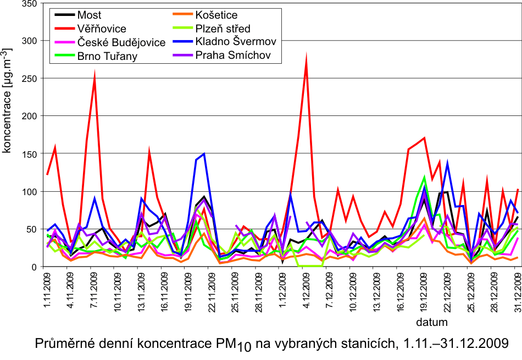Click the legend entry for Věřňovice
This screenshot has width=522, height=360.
coord(102,29)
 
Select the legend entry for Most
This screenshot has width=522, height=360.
coord(90,15)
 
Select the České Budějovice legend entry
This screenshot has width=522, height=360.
coord(121,42)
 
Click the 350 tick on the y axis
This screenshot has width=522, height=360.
coord(29,4)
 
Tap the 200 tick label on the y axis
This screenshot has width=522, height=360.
coord(29,117)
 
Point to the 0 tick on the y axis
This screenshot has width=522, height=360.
coord(34,267)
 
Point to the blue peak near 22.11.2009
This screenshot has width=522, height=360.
coord(204,154)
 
